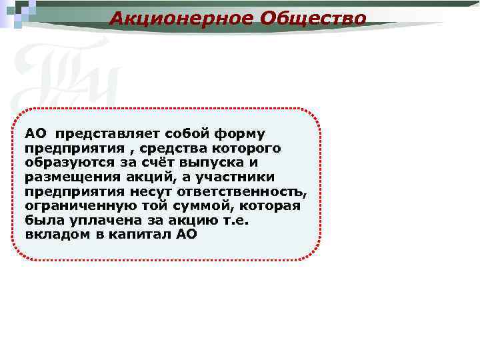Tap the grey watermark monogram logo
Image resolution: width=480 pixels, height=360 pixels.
pos(67,73)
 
